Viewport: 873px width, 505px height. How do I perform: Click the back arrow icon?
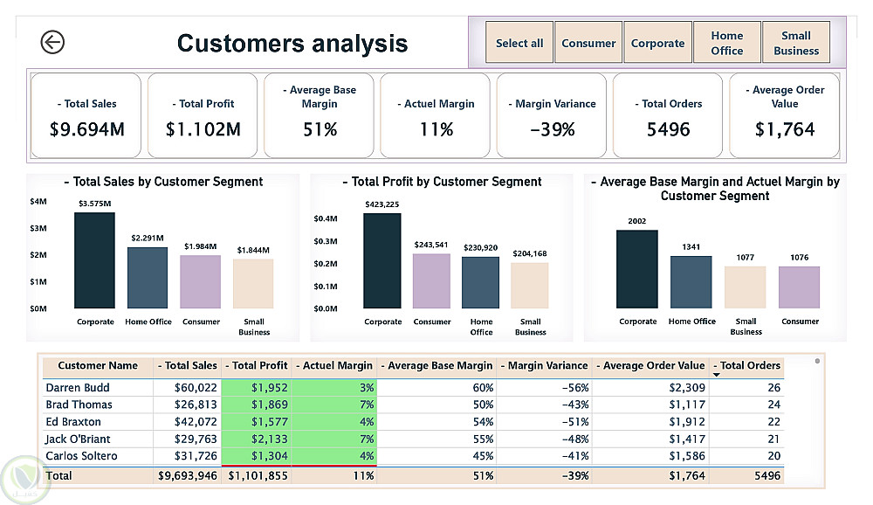tap(52, 42)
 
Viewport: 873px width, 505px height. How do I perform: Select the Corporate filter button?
tap(657, 43)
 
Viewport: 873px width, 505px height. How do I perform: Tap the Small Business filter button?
tap(795, 43)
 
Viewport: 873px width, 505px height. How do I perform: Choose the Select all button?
tap(519, 43)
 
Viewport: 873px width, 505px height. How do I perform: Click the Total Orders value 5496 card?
tap(667, 129)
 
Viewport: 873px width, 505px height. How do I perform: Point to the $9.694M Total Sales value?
tap(86, 129)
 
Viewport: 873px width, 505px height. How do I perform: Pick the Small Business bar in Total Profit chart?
tap(530, 286)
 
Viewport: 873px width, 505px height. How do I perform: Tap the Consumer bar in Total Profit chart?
tap(431, 281)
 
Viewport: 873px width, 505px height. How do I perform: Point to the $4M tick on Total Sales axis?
tap(38, 202)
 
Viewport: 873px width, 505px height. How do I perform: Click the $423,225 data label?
tap(382, 205)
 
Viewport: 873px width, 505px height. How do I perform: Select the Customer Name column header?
tap(98, 366)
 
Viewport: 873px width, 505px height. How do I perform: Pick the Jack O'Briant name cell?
tap(79, 439)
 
